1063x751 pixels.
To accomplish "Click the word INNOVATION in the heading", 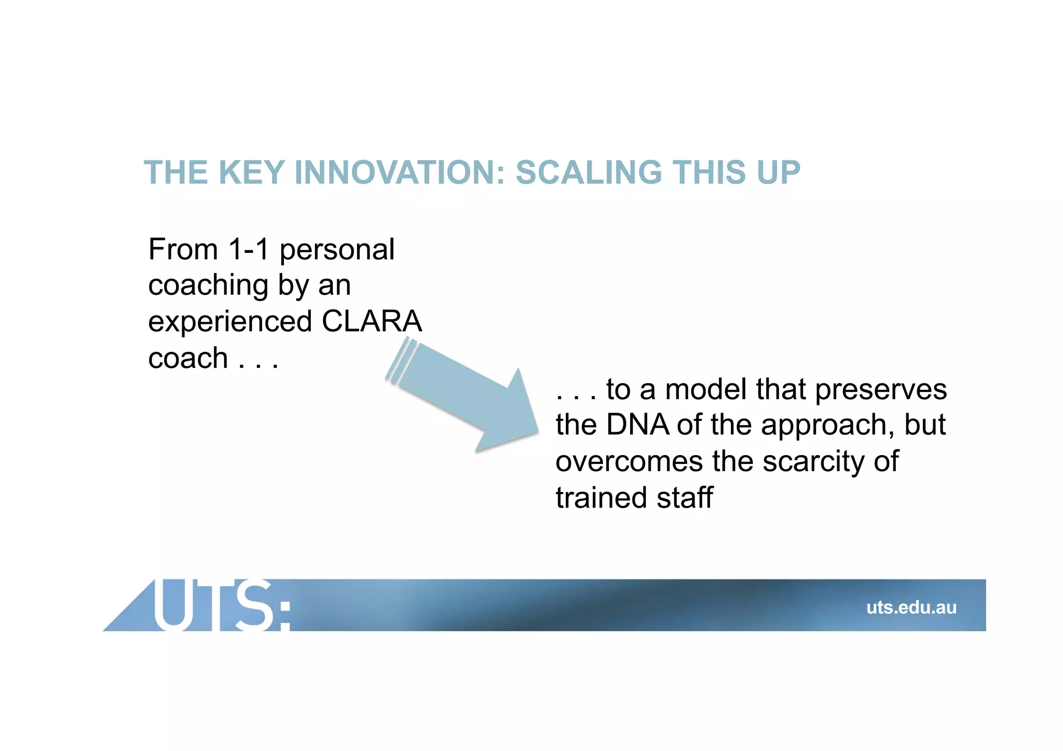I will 400,172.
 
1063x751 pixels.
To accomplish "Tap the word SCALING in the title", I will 589,172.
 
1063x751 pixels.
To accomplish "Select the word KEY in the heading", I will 252,172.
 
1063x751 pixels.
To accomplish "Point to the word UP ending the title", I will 779,172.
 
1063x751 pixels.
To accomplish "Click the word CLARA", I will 372,321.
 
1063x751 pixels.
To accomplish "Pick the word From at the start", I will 183,249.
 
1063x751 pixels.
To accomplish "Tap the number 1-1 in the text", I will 249,249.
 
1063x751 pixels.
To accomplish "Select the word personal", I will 337,250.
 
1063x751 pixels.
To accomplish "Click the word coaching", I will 208,286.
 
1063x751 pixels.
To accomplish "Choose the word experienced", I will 230,322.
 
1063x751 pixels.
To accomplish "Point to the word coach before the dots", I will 188,358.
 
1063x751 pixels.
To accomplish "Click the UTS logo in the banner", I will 221,605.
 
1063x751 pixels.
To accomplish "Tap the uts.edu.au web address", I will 911,607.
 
